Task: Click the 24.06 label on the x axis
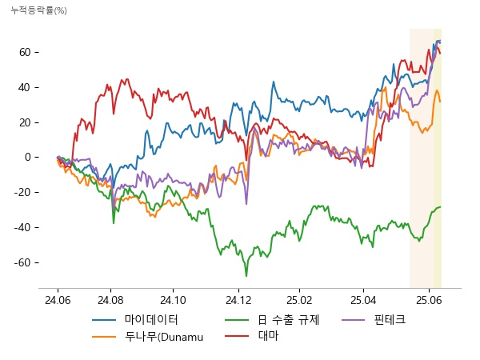click(58, 299)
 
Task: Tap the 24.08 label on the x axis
click(110, 299)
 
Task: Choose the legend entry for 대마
click(269, 336)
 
